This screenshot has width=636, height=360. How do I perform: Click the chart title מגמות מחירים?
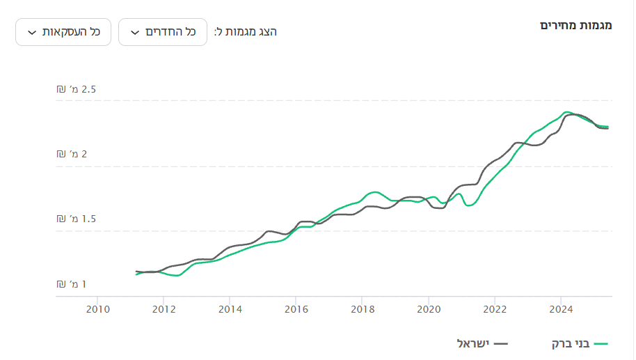click(575, 26)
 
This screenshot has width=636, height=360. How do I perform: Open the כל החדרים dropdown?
click(163, 32)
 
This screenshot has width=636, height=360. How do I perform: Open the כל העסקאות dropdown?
click(63, 32)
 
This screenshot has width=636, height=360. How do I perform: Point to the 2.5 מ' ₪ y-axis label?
click(77, 90)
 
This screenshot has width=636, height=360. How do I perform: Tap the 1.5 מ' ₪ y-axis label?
click(77, 219)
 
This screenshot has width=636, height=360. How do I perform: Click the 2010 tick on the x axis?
click(97, 308)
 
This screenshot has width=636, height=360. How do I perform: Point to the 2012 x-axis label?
click(163, 308)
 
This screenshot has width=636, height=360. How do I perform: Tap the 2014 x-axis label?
click(230, 308)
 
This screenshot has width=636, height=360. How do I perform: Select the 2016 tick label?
click(296, 308)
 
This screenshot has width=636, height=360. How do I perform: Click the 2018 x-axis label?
click(362, 308)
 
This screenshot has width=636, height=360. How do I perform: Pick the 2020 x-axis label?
click(429, 308)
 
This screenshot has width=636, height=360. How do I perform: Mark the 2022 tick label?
click(495, 308)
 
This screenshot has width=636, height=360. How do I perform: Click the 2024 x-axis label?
click(561, 308)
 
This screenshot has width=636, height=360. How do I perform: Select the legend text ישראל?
click(473, 343)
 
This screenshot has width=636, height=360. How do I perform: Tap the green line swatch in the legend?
click(601, 343)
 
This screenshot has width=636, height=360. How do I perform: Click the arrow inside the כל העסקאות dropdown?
click(32, 33)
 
